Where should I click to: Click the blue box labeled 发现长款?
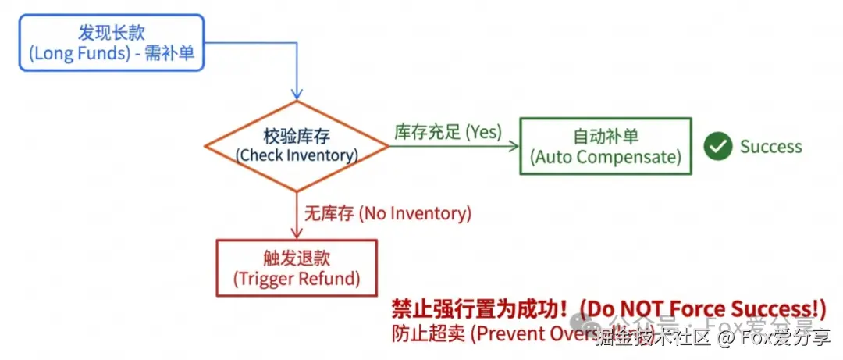click(111, 43)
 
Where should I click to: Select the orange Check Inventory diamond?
click(297, 146)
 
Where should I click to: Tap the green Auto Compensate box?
click(606, 146)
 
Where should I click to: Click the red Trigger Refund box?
click(297, 268)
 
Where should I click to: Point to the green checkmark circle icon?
click(717, 146)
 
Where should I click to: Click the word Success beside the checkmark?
click(770, 147)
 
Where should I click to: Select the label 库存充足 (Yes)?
click(448, 132)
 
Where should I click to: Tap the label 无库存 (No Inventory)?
click(388, 213)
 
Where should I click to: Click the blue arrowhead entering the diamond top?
click(297, 94)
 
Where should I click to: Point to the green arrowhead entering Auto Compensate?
click(514, 146)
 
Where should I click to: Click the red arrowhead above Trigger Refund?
click(297, 233)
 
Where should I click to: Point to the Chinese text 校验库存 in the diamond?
click(297, 137)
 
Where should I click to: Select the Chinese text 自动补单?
click(606, 135)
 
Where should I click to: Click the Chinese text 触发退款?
click(297, 258)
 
